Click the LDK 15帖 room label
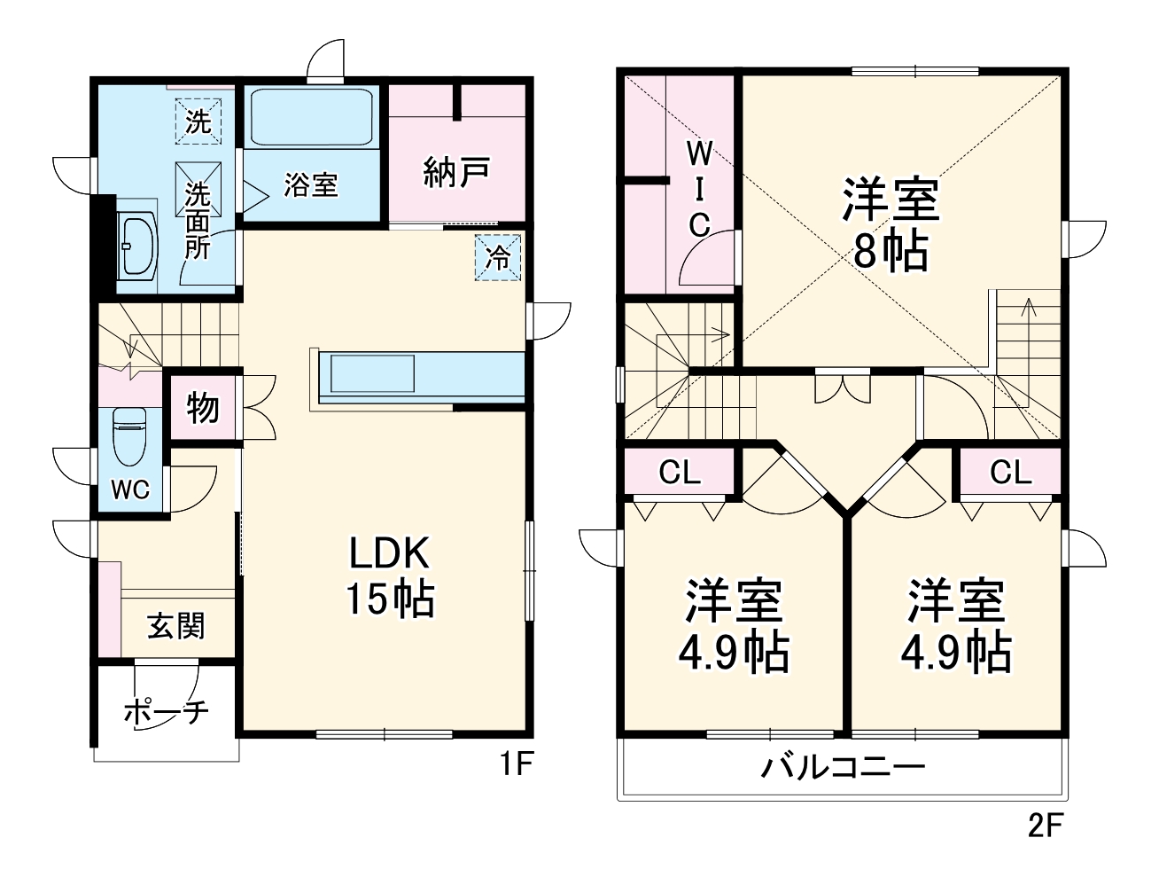point(390,576)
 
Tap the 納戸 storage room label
point(456,173)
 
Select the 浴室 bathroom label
point(311,185)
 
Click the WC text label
point(130,489)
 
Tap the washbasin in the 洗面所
point(136,245)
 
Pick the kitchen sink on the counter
point(372,372)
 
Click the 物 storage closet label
point(204,409)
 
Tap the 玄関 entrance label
point(176,626)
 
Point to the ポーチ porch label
point(166,710)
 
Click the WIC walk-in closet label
point(700,190)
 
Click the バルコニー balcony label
point(843,765)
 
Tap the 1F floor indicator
point(515,764)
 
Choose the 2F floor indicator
point(1045,826)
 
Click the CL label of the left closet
point(680,473)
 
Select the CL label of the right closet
point(1011,473)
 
